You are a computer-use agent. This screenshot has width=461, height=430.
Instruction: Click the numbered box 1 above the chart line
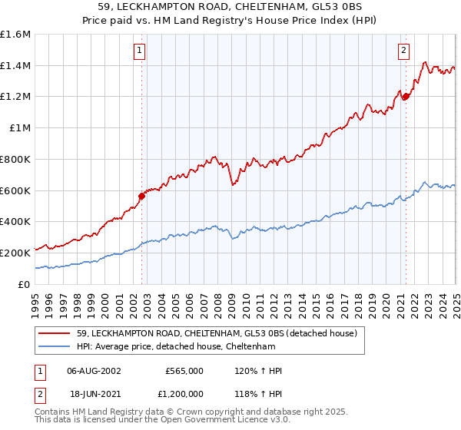(x=140, y=51)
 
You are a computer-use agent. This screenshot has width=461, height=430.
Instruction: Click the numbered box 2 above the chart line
(x=403, y=51)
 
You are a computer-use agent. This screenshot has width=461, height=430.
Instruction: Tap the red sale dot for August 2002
(x=141, y=196)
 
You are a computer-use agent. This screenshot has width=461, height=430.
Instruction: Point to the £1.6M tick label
(x=15, y=35)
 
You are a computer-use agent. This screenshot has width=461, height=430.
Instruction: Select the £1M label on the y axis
(x=19, y=128)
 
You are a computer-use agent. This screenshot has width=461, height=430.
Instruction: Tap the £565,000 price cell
(x=184, y=371)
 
